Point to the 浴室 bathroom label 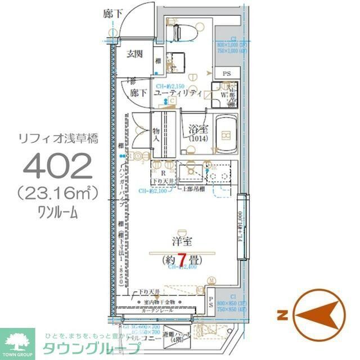[197, 128]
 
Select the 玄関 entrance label [134, 54]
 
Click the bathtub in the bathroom [226, 134]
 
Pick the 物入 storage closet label [157, 135]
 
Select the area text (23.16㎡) [58, 193]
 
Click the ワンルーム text [58, 212]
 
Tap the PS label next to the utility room [226, 74]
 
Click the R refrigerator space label [161, 173]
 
